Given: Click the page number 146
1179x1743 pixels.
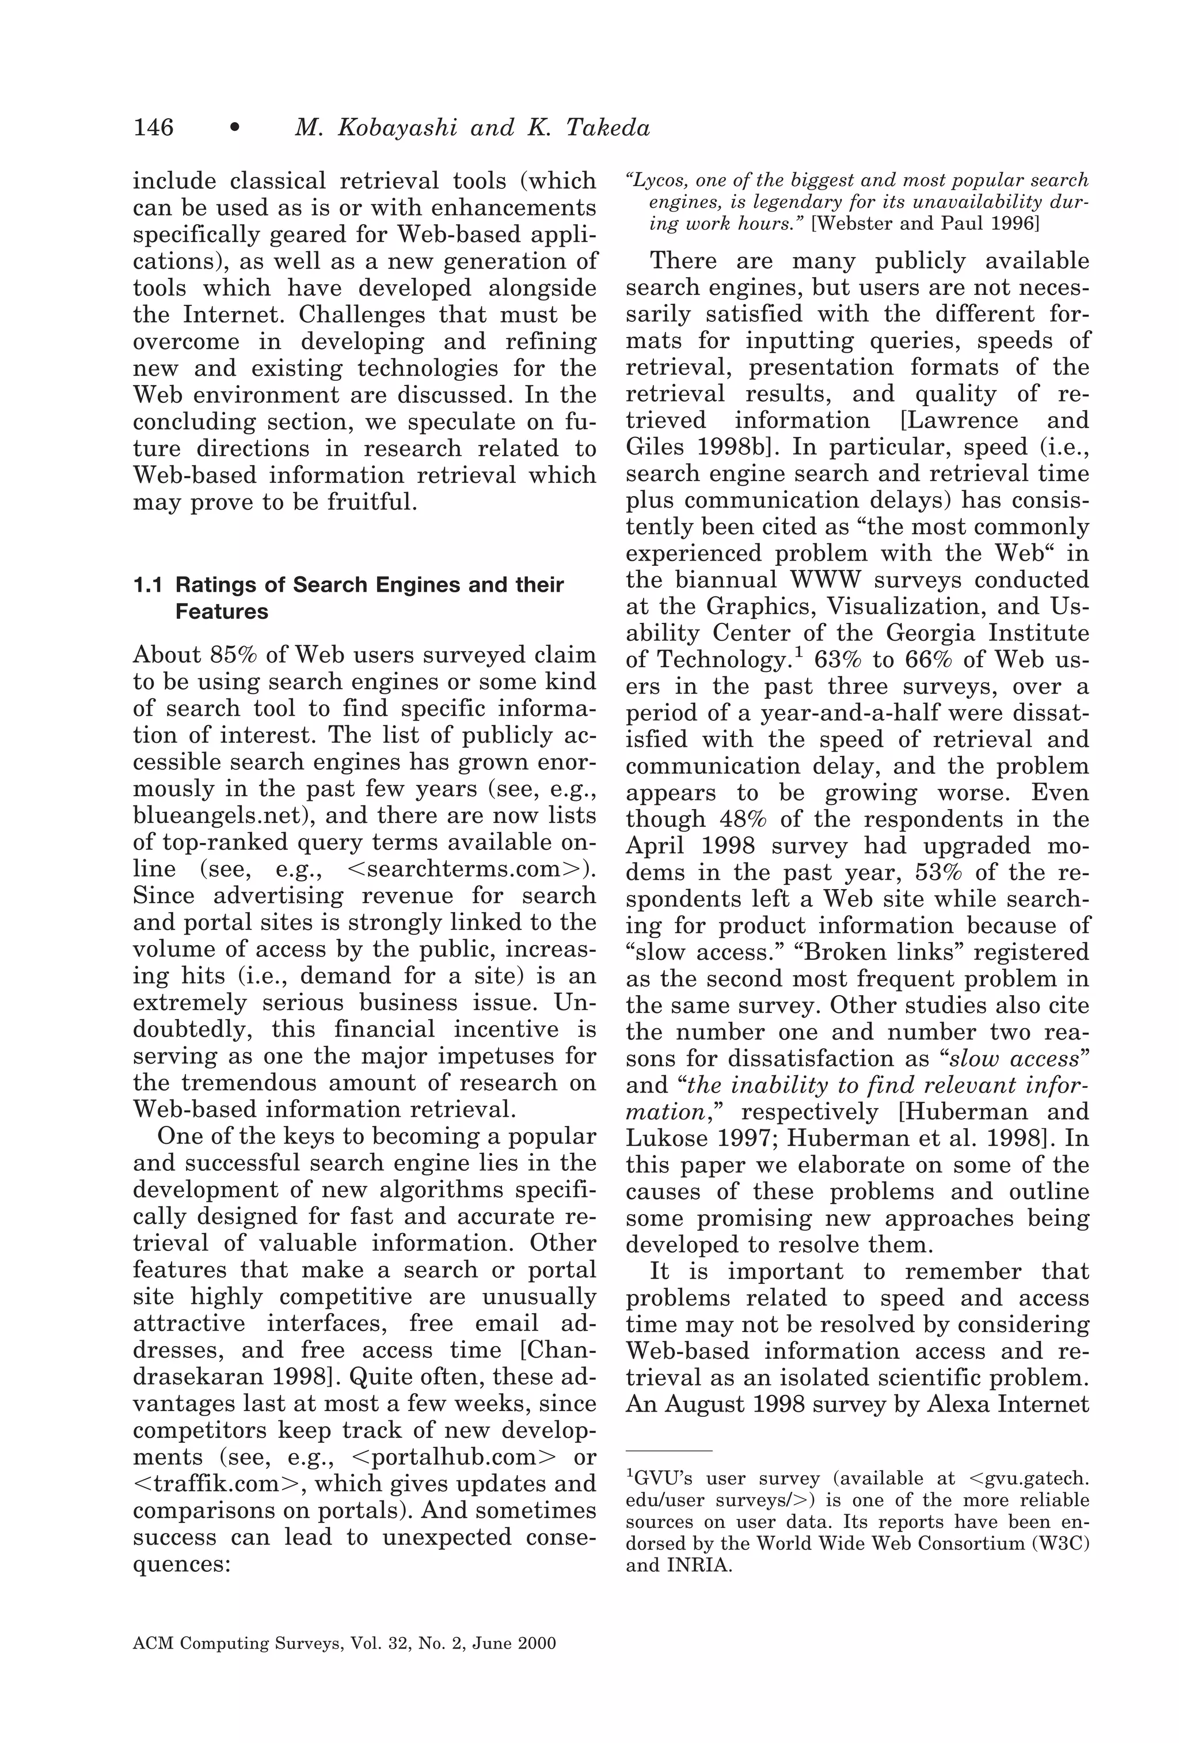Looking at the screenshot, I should coord(153,127).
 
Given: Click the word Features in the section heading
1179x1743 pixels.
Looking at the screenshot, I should coord(221,611).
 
